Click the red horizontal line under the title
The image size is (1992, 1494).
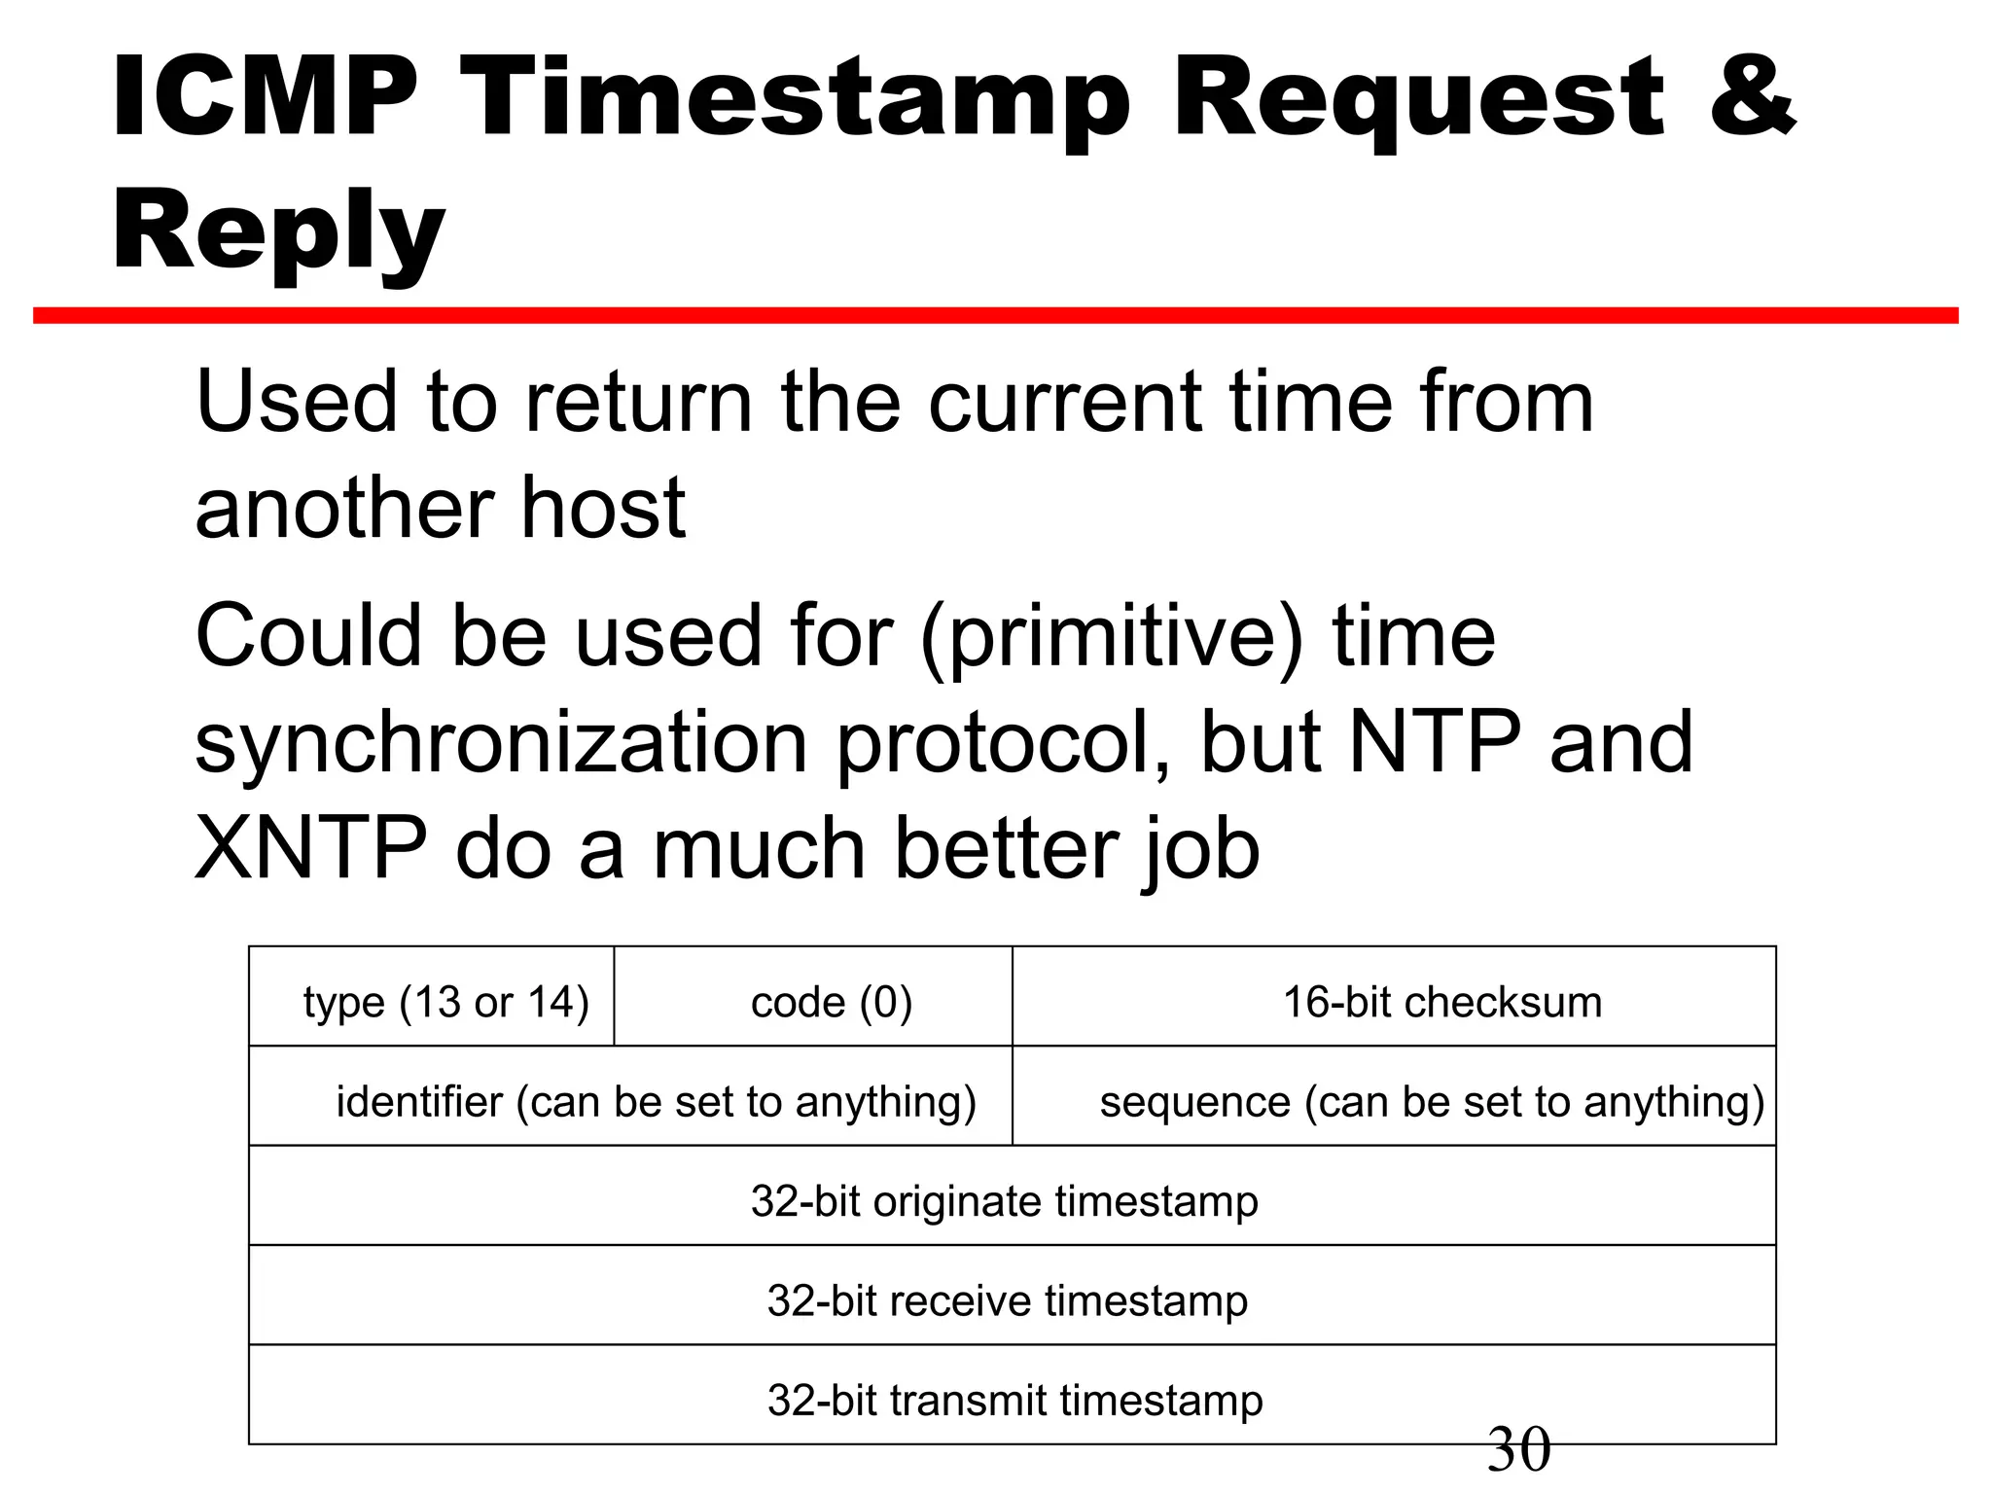[x=996, y=315]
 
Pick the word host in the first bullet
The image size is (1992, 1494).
[x=603, y=508]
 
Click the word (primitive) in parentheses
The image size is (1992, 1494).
[x=1111, y=638]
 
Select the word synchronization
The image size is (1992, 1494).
[x=501, y=743]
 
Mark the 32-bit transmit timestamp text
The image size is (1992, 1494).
[x=1014, y=1401]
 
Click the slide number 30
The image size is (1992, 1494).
[x=1518, y=1449]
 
